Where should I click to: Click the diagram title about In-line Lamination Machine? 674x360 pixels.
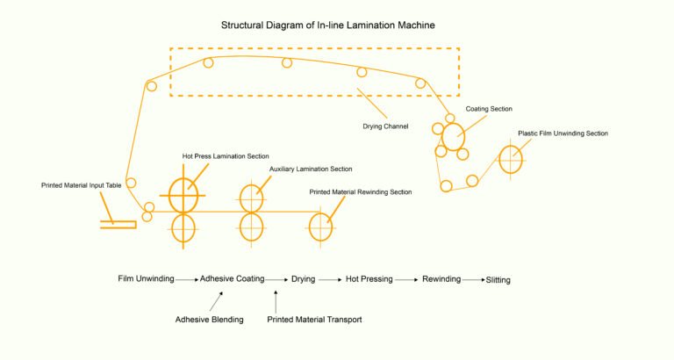[337, 26]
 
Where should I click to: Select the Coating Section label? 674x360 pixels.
[489, 109]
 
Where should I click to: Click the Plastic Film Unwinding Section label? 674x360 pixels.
[563, 133]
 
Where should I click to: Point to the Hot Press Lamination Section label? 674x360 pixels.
[226, 156]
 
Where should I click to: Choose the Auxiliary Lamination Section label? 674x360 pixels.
[305, 169]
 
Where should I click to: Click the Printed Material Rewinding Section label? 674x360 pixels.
[360, 191]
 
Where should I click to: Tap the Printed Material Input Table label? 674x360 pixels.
[82, 185]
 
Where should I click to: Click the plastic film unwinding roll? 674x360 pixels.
[511, 160]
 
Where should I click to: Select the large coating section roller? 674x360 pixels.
[453, 137]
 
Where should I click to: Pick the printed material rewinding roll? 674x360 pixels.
[320, 227]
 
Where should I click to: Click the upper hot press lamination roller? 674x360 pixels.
[183, 195]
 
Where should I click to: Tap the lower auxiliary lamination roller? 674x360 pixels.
[251, 227]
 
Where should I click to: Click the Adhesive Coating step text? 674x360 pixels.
[232, 279]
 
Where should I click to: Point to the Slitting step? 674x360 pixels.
[498, 280]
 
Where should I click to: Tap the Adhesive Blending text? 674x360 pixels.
[209, 320]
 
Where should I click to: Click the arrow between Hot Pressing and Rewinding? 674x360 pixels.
[405, 280]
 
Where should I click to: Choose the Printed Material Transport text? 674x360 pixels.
[314, 320]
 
